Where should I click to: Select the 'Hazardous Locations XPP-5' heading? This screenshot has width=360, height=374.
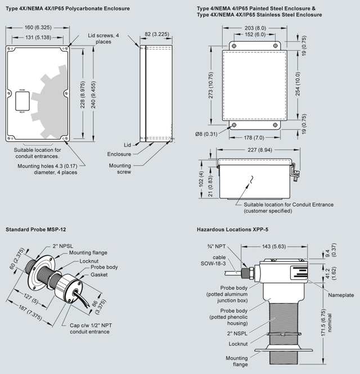coord(232,230)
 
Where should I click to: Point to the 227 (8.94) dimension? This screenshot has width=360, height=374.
coord(255,150)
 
